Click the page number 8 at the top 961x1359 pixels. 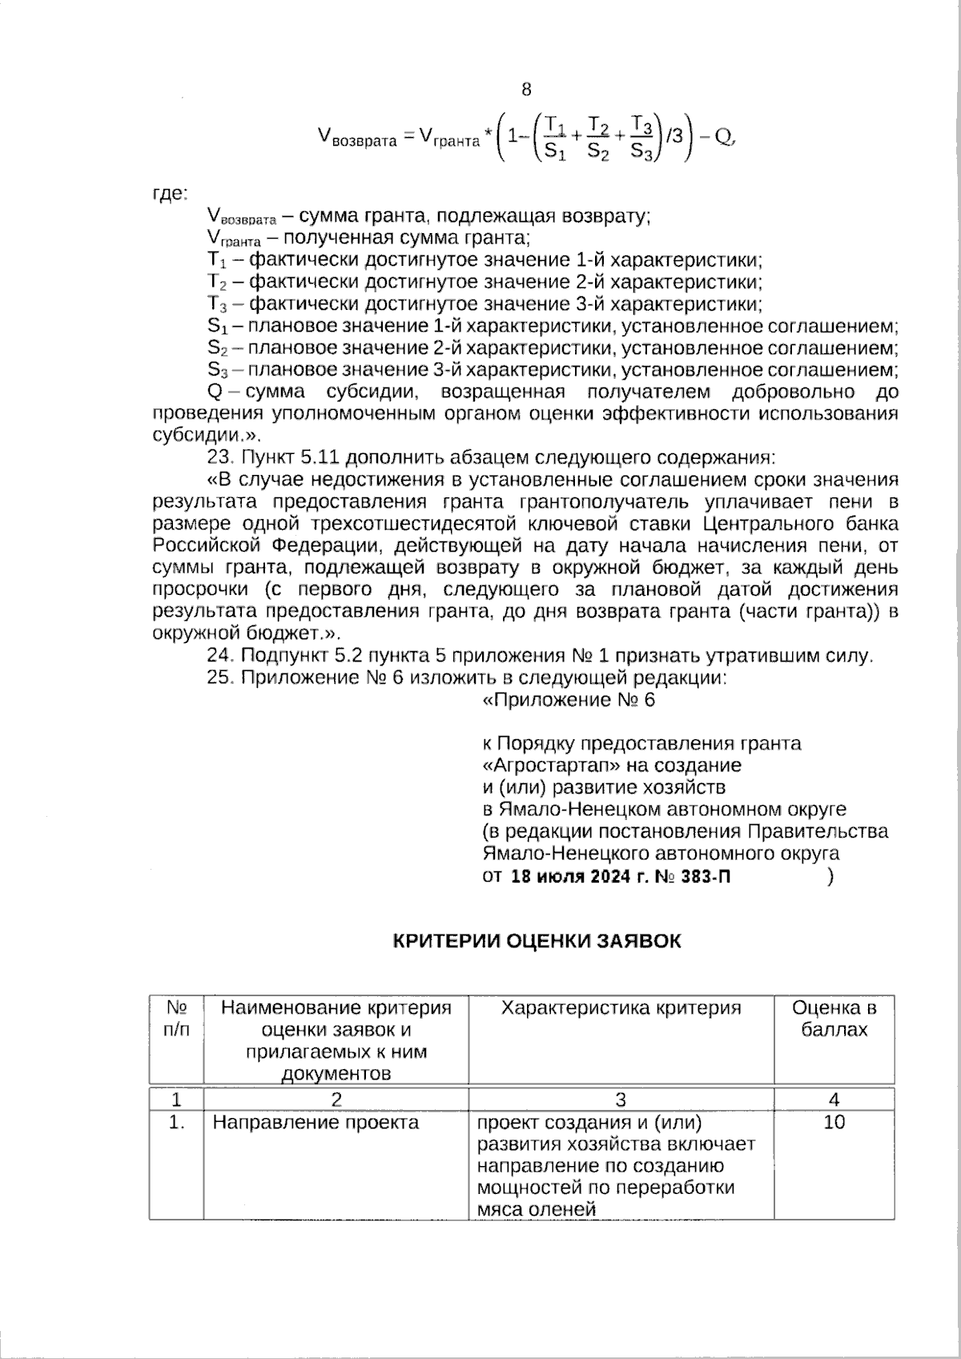(x=526, y=89)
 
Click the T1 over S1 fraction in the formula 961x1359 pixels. (x=555, y=137)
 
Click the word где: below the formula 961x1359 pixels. (x=169, y=193)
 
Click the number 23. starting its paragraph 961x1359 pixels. (x=219, y=458)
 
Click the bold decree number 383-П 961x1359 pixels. (x=707, y=876)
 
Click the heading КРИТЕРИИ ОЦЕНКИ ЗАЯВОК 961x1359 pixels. (x=537, y=940)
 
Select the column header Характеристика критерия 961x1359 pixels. (x=621, y=1007)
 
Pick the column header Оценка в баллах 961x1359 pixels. (x=834, y=1018)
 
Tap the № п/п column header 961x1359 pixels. (x=176, y=1018)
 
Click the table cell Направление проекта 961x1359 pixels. (x=316, y=1122)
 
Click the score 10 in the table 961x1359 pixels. (x=834, y=1122)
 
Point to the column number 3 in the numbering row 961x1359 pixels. (x=621, y=1099)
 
